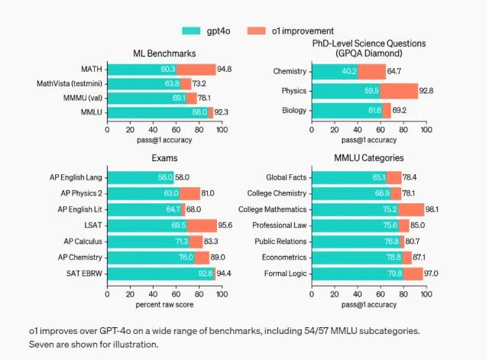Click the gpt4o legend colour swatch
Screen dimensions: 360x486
point(192,30)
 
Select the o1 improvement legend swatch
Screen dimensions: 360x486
point(258,30)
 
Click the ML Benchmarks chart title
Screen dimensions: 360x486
point(164,54)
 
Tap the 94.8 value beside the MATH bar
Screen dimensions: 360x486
point(225,70)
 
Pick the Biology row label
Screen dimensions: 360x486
point(294,111)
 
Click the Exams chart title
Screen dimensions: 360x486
point(164,159)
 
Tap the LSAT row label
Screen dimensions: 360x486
point(92,225)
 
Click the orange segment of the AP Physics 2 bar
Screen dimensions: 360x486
point(190,193)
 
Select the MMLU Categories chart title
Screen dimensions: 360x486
point(369,159)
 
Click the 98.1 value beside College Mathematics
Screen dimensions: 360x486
point(433,209)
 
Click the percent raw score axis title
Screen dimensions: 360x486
point(164,305)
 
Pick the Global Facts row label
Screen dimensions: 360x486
point(286,177)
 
